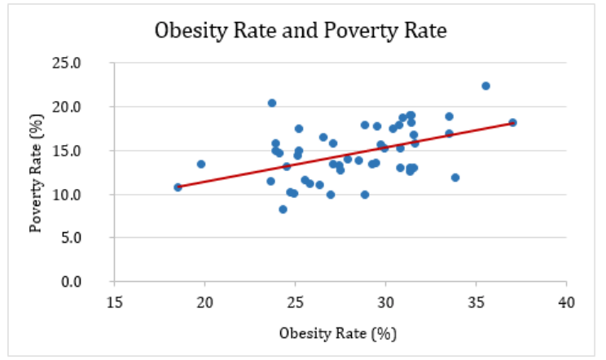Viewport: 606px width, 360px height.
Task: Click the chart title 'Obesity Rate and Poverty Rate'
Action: point(302,32)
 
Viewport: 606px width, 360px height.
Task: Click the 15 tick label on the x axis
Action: point(115,301)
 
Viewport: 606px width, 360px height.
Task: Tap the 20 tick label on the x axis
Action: point(205,301)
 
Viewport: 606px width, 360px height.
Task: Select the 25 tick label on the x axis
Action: point(296,301)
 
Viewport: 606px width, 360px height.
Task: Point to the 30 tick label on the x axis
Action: point(386,301)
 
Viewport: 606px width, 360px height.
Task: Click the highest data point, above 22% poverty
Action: point(485,86)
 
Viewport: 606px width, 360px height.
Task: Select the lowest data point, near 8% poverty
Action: point(283,209)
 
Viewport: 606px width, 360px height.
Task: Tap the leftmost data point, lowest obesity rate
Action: point(178,187)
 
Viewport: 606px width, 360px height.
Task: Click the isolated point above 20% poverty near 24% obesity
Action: point(272,103)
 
